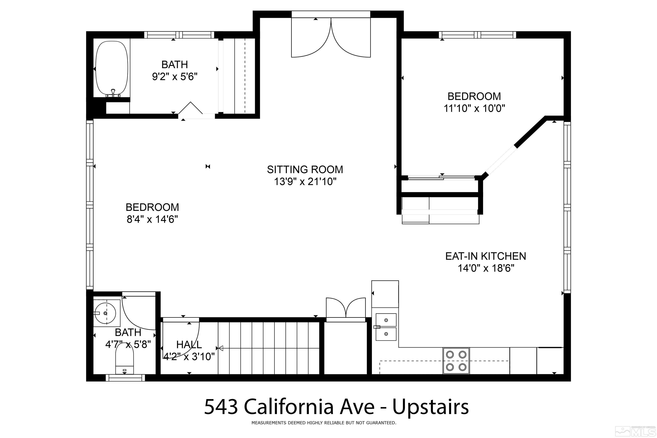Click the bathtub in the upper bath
[x=112, y=69]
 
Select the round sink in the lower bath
[x=105, y=313]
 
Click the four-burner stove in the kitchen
[x=456, y=360]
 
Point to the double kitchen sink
[x=386, y=327]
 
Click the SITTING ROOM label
[x=305, y=170]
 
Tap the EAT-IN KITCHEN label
[x=485, y=256]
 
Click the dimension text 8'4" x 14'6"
[x=152, y=219]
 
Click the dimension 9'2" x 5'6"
[x=175, y=76]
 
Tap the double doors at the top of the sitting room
[x=331, y=37]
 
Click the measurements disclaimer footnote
[x=324, y=423]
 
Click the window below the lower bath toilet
[x=125, y=378]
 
